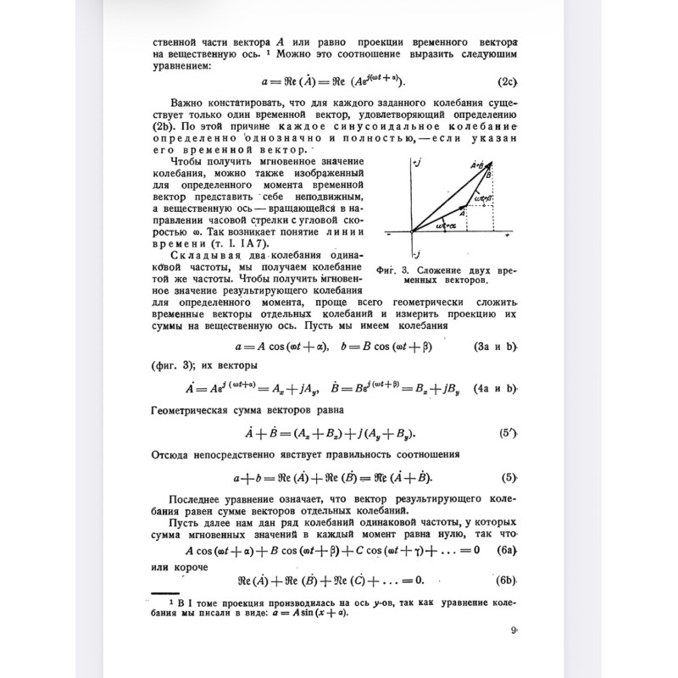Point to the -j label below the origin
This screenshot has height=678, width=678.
[414, 253]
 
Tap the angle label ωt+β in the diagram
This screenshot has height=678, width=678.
[481, 199]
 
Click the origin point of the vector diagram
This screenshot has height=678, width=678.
[412, 231]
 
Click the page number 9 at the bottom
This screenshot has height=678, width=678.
[514, 630]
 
